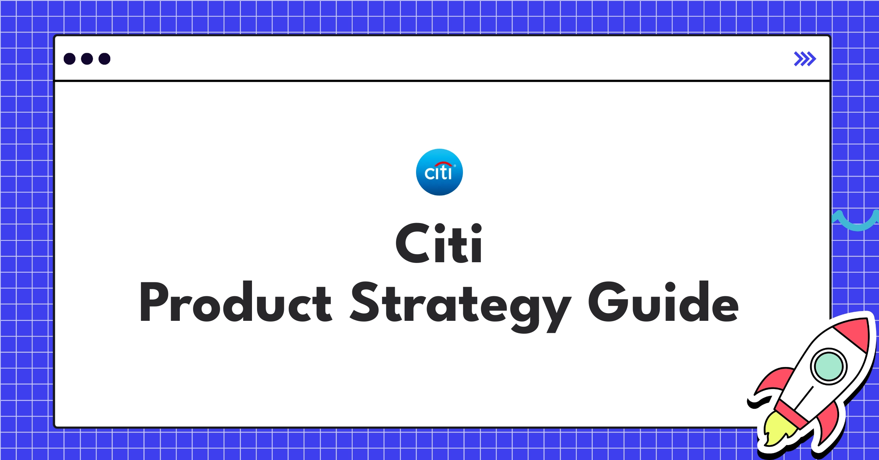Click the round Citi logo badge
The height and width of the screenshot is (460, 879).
pos(439,172)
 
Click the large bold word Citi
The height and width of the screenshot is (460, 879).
pos(439,244)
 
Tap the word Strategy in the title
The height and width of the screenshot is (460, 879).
pos(460,304)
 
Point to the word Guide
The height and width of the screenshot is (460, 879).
pos(663,302)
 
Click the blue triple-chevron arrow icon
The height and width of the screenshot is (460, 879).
pos(805,59)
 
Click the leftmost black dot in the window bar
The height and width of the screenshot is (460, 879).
pos(70,59)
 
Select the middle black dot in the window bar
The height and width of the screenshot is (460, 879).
pos(87,59)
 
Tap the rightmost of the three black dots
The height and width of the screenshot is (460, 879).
pos(104,59)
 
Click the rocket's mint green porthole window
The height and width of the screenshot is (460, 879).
pos(828,366)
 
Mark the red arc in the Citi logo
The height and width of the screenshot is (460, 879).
pos(443,164)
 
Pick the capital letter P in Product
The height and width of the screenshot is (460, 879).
pos(154,302)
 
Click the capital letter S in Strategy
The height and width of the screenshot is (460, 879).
pos(365,302)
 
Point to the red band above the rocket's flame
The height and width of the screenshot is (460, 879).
pos(791,414)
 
